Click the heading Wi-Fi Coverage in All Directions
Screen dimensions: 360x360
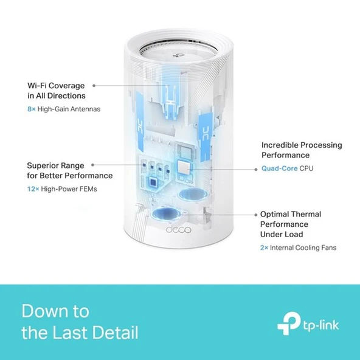tap(56, 91)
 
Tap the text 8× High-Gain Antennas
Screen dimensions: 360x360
tap(63, 109)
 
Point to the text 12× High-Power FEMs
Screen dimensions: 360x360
tap(61, 189)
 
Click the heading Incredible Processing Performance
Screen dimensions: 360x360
tap(302, 150)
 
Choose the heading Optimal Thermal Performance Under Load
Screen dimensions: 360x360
tap(291, 224)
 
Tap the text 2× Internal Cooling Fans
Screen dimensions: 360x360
tap(298, 247)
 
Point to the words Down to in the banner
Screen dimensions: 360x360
tap(55, 311)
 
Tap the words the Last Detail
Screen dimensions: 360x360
tap(80, 333)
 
